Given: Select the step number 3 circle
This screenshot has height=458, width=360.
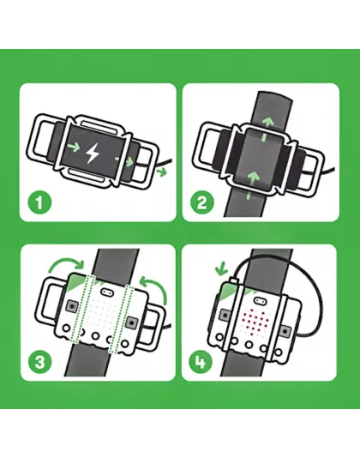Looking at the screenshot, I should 39,362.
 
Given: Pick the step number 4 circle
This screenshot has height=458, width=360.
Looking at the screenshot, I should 203,362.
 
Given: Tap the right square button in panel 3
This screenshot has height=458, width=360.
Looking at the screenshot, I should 133,321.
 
